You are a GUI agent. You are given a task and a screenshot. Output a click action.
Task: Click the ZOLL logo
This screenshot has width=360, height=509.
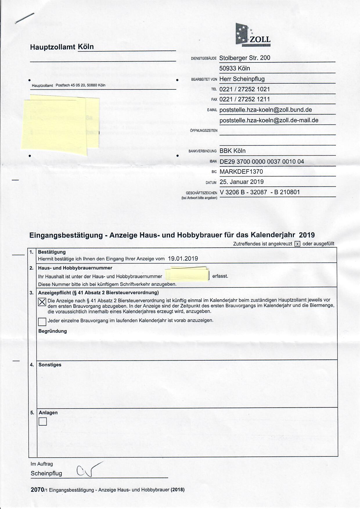pyautogui.click(x=253, y=35)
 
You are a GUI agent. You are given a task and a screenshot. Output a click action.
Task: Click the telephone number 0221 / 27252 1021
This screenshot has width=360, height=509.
pyautogui.click(x=244, y=89)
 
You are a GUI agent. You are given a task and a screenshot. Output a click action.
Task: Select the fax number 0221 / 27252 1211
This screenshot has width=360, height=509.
pyautogui.click(x=244, y=99)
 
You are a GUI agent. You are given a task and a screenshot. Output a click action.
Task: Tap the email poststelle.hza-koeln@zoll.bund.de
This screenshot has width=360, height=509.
pyautogui.click(x=266, y=110)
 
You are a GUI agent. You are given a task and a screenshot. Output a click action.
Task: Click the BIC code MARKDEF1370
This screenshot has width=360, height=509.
pyautogui.click(x=241, y=172)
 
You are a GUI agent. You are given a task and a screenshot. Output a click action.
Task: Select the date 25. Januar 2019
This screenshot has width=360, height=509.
pyautogui.click(x=242, y=182)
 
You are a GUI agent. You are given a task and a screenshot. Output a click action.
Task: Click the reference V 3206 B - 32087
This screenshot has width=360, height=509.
pyautogui.click(x=243, y=192)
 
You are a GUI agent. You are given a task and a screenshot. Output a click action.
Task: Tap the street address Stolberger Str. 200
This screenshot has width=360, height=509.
pyautogui.click(x=244, y=58)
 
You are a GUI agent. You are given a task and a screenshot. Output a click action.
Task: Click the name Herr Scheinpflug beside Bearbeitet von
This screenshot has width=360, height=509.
pyautogui.click(x=242, y=79)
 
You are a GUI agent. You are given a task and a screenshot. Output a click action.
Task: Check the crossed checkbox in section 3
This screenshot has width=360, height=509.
pyautogui.click(x=42, y=302)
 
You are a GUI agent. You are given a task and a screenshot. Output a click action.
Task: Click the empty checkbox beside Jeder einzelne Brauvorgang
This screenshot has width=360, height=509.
pyautogui.click(x=42, y=322)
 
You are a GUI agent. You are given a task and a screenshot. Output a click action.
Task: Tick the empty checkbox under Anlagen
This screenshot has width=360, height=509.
pyautogui.click(x=43, y=421)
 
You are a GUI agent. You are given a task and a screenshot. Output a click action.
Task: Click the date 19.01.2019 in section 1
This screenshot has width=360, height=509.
pyautogui.click(x=183, y=258)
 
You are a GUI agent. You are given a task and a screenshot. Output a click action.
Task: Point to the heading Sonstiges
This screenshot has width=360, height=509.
pyautogui.click(x=50, y=365)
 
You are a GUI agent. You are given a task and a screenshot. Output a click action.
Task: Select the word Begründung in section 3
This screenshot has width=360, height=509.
pyautogui.click(x=53, y=331)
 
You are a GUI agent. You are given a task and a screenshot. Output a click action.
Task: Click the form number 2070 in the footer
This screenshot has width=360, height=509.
pyautogui.click(x=37, y=490)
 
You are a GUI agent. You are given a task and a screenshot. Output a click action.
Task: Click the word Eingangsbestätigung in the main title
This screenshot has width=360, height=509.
pyautogui.click(x=66, y=235)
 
